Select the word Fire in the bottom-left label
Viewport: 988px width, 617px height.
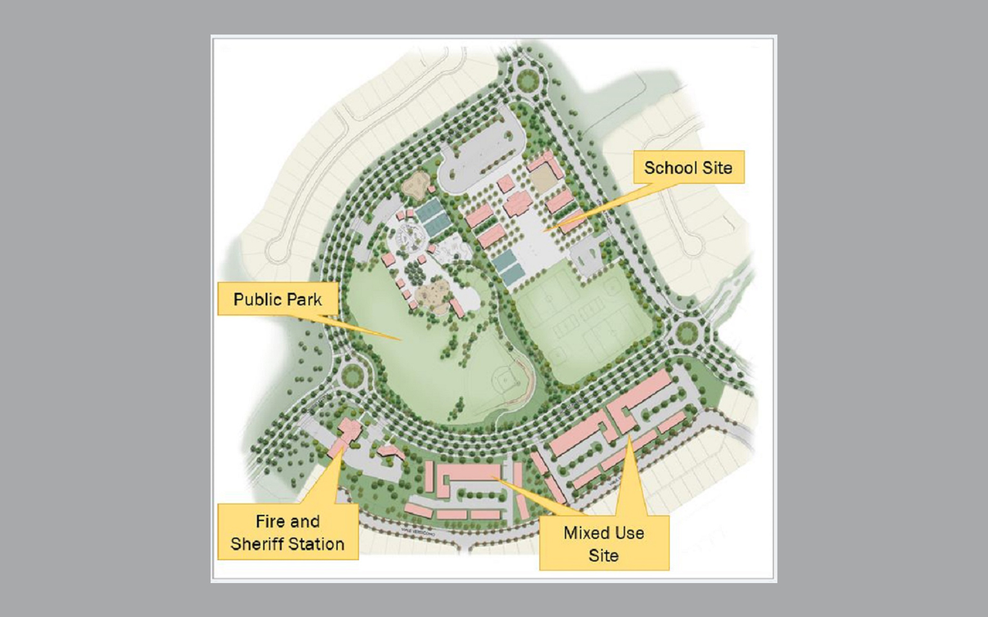[x=270, y=521]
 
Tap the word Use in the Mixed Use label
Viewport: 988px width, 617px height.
[x=630, y=533]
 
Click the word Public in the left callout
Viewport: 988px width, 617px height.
[x=257, y=300]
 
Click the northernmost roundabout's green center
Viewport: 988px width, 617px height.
[x=529, y=81]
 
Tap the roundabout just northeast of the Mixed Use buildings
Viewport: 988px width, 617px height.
[x=685, y=332]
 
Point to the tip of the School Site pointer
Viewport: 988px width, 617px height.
[x=545, y=230]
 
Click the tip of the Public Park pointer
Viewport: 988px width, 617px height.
[x=401, y=340]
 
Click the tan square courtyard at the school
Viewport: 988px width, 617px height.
[x=543, y=180]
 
